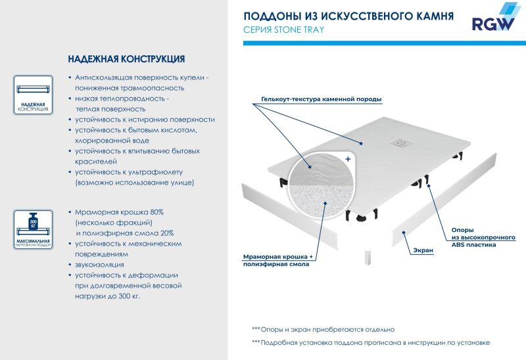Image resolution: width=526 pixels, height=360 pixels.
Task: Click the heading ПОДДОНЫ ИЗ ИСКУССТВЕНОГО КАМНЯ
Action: (x=348, y=16)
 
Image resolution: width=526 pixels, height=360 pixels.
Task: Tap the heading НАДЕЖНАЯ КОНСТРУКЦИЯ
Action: (x=126, y=58)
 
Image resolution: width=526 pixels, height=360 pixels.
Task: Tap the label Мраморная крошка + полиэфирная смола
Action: (x=275, y=259)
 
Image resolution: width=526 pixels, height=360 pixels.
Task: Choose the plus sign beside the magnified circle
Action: (x=348, y=160)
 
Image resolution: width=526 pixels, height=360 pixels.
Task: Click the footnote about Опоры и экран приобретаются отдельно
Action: (x=323, y=328)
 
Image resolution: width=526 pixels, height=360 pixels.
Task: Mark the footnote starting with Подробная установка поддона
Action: (x=371, y=343)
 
